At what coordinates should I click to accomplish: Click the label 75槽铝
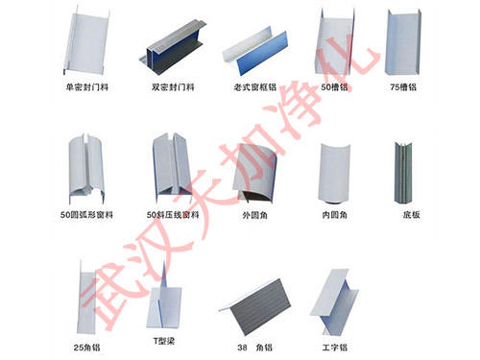coord(403,85)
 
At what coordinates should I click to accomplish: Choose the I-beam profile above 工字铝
coord(337,300)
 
